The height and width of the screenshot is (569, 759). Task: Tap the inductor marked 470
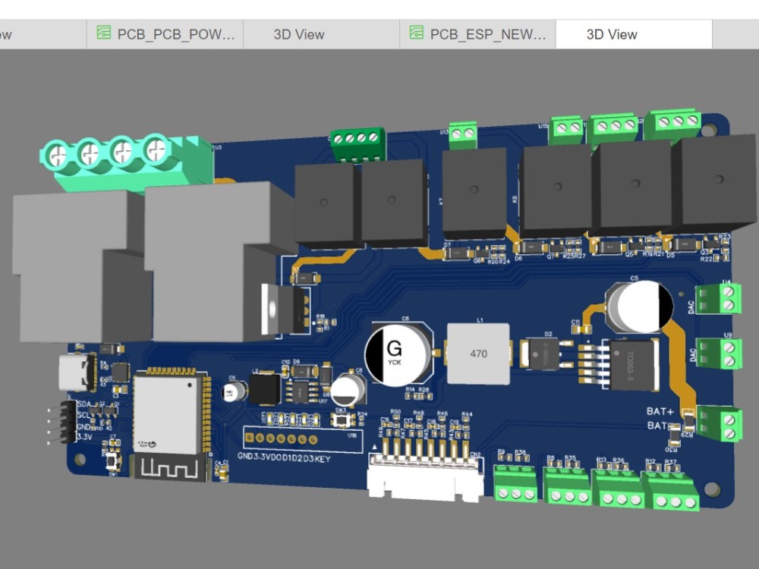coord(478,354)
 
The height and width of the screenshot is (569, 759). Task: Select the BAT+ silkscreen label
coord(660,411)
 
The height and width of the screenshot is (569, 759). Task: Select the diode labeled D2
coord(543,354)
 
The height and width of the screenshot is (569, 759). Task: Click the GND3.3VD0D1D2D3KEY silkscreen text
coord(284,458)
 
